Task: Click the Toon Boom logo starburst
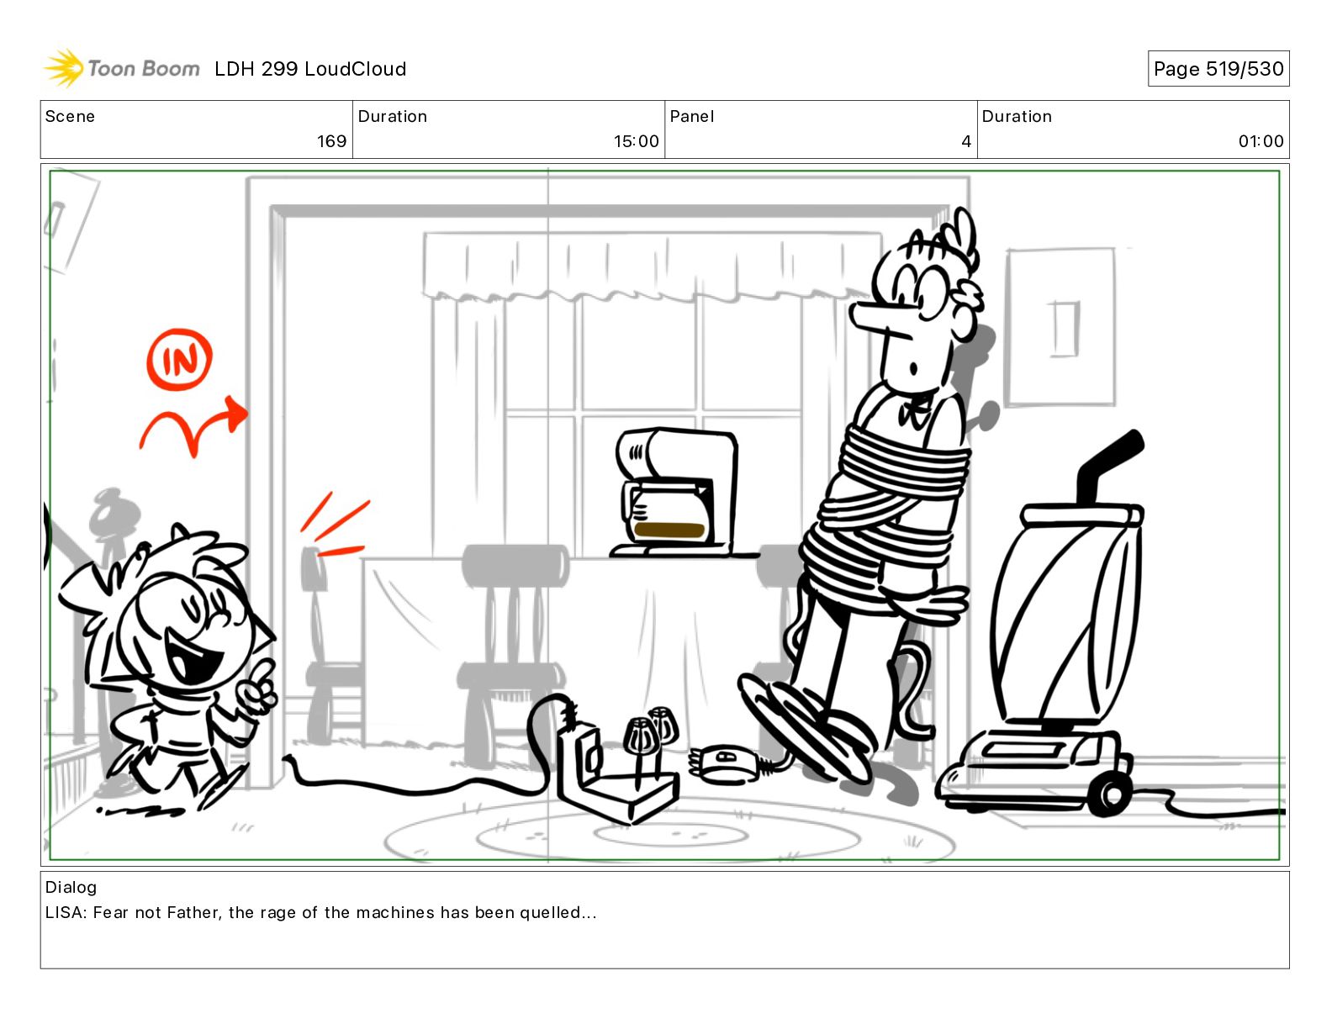pos(63,68)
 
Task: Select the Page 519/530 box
pos(1218,69)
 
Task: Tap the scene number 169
pos(331,141)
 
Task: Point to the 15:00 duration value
pos(636,141)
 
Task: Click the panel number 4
pos(966,141)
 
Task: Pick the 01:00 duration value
pos(1261,141)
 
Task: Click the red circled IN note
pos(179,359)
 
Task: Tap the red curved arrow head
pos(236,413)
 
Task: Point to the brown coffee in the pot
pos(669,530)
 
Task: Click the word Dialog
pos(71,887)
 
